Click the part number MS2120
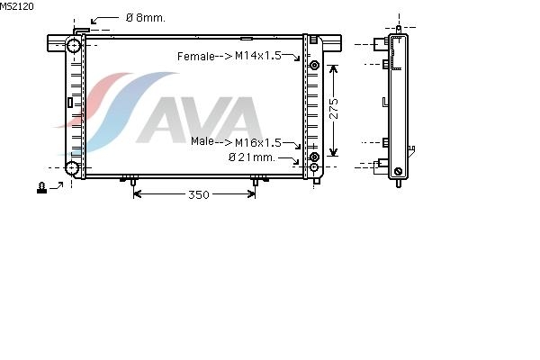pos(17,6)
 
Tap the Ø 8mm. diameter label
pos(146,18)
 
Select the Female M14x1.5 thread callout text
pos(229,56)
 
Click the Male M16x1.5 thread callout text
pos(236,141)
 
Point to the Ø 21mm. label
pos(252,157)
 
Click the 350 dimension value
pos(199,195)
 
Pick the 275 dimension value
pos(333,109)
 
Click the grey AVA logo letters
pos(200,120)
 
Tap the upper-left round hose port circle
pos(74,45)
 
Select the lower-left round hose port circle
pos(72,167)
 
